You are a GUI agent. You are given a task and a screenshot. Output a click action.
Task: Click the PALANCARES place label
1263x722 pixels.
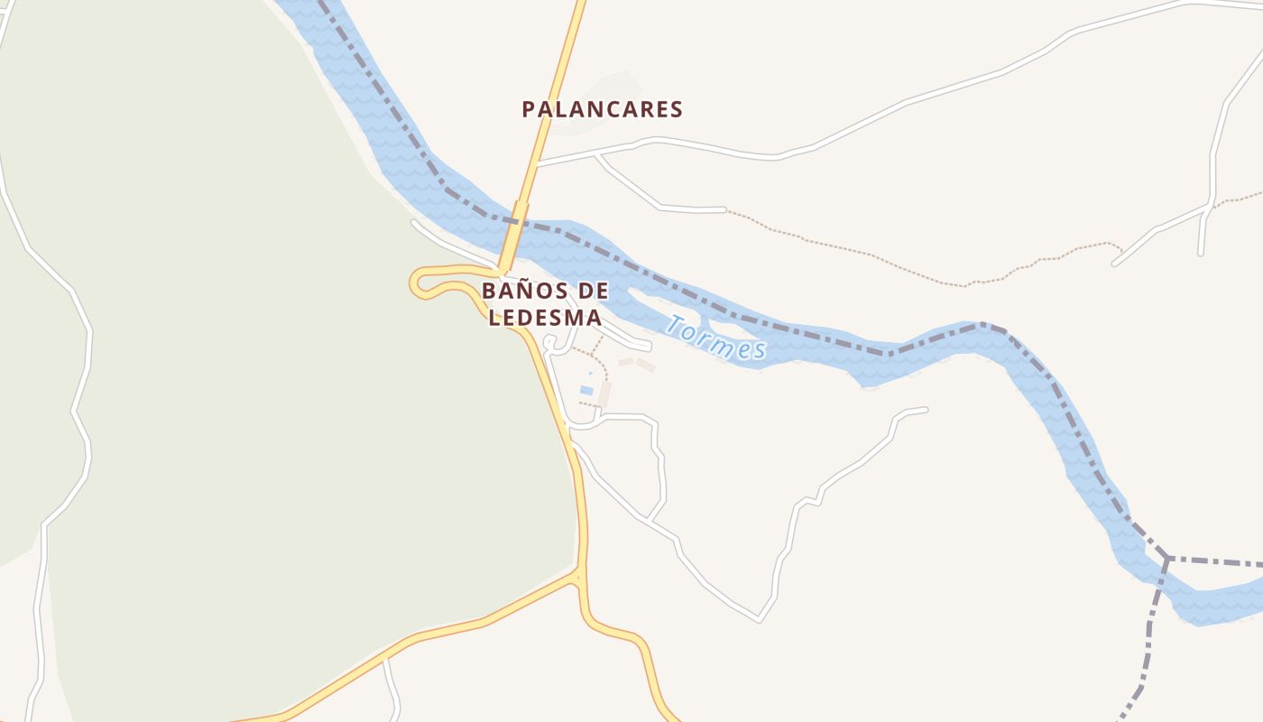[x=602, y=110]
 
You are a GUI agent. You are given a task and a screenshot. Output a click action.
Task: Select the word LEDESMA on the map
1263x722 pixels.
[x=545, y=318]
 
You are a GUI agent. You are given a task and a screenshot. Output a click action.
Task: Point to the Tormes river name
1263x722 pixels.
[x=715, y=338]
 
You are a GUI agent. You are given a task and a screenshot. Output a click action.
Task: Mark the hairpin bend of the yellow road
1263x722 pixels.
[x=419, y=282]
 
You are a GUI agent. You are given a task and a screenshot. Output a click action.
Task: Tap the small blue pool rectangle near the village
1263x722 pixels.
[x=586, y=391]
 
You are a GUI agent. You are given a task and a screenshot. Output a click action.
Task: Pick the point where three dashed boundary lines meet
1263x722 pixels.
[x=1166, y=559]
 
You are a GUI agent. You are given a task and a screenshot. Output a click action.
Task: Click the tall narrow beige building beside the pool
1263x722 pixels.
[x=604, y=394]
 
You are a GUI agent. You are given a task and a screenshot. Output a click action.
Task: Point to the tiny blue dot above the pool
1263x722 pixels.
[x=591, y=373]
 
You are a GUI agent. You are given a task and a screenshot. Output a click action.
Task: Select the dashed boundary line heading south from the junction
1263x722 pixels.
[x=1150, y=632]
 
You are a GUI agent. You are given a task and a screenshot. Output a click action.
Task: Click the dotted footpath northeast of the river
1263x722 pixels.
[x=857, y=253]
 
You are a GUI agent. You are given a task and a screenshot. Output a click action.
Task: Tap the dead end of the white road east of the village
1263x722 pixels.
[x=926, y=410]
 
